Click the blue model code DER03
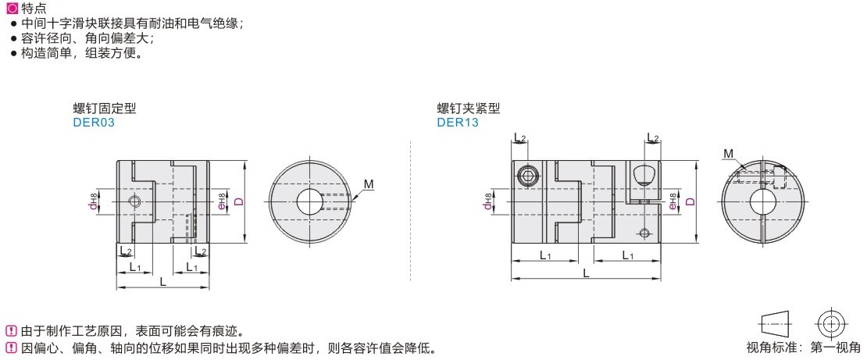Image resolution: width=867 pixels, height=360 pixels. pyautogui.click(x=94, y=122)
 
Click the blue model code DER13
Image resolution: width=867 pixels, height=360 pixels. pyautogui.click(x=458, y=122)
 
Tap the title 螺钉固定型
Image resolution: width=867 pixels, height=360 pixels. pyautogui.click(x=105, y=109)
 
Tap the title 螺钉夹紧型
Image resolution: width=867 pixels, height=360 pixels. pyautogui.click(x=469, y=109)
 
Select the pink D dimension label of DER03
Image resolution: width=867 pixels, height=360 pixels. pyautogui.click(x=239, y=201)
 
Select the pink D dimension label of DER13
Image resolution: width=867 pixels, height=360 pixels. pyautogui.click(x=690, y=201)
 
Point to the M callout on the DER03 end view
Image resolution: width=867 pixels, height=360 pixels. pyautogui.click(x=368, y=184)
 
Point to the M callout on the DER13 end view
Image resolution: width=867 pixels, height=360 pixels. pyautogui.click(x=728, y=153)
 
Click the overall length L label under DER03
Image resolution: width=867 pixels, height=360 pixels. pyautogui.click(x=162, y=281)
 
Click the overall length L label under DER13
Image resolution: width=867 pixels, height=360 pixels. pyautogui.click(x=586, y=273)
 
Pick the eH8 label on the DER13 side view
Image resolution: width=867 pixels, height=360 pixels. pyautogui.click(x=673, y=201)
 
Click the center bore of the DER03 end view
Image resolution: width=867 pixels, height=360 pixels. pyautogui.click(x=309, y=201)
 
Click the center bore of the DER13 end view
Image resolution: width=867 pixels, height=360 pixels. pyautogui.click(x=762, y=201)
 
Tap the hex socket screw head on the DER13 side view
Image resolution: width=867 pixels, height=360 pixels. pyautogui.click(x=527, y=177)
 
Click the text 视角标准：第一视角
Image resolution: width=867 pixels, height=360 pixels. pyautogui.click(x=803, y=348)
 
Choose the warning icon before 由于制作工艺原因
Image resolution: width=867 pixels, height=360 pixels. pyautogui.click(x=11, y=332)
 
